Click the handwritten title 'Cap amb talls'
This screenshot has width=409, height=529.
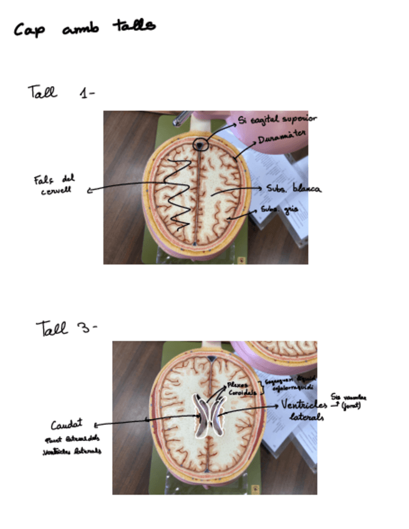[x=85, y=28]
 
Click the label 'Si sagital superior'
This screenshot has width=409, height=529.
[x=277, y=119]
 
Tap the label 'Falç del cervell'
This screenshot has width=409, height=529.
[x=54, y=184]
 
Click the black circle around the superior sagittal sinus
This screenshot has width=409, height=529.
[x=200, y=145]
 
